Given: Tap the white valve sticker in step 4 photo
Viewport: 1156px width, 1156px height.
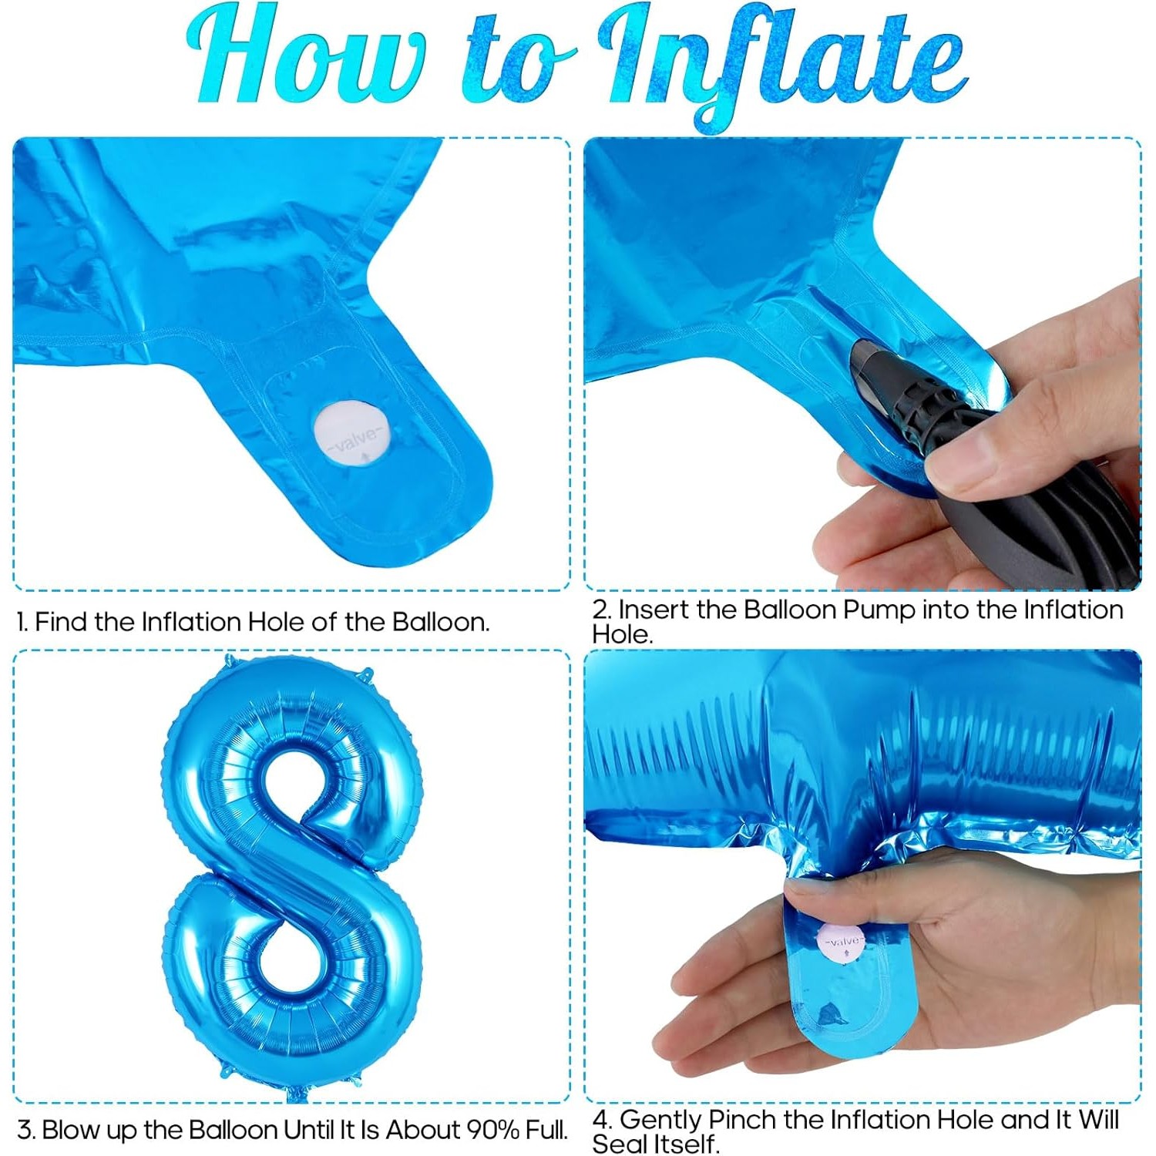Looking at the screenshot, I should click(x=842, y=942).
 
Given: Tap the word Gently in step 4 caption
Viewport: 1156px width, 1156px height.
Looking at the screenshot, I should click(x=660, y=1120).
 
